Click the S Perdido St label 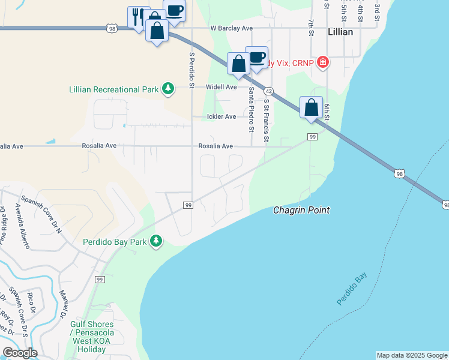pos(191,70)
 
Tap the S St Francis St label pos(265,122)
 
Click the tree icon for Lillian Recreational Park pos(168,89)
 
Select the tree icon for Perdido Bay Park pos(156,241)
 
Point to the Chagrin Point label pos(301,210)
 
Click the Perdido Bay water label pos(351,289)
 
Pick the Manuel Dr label pos(63,304)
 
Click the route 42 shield pos(269,91)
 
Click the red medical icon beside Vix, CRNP pos(323,61)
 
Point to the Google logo pos(20,352)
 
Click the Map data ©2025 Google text pos(411,355)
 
